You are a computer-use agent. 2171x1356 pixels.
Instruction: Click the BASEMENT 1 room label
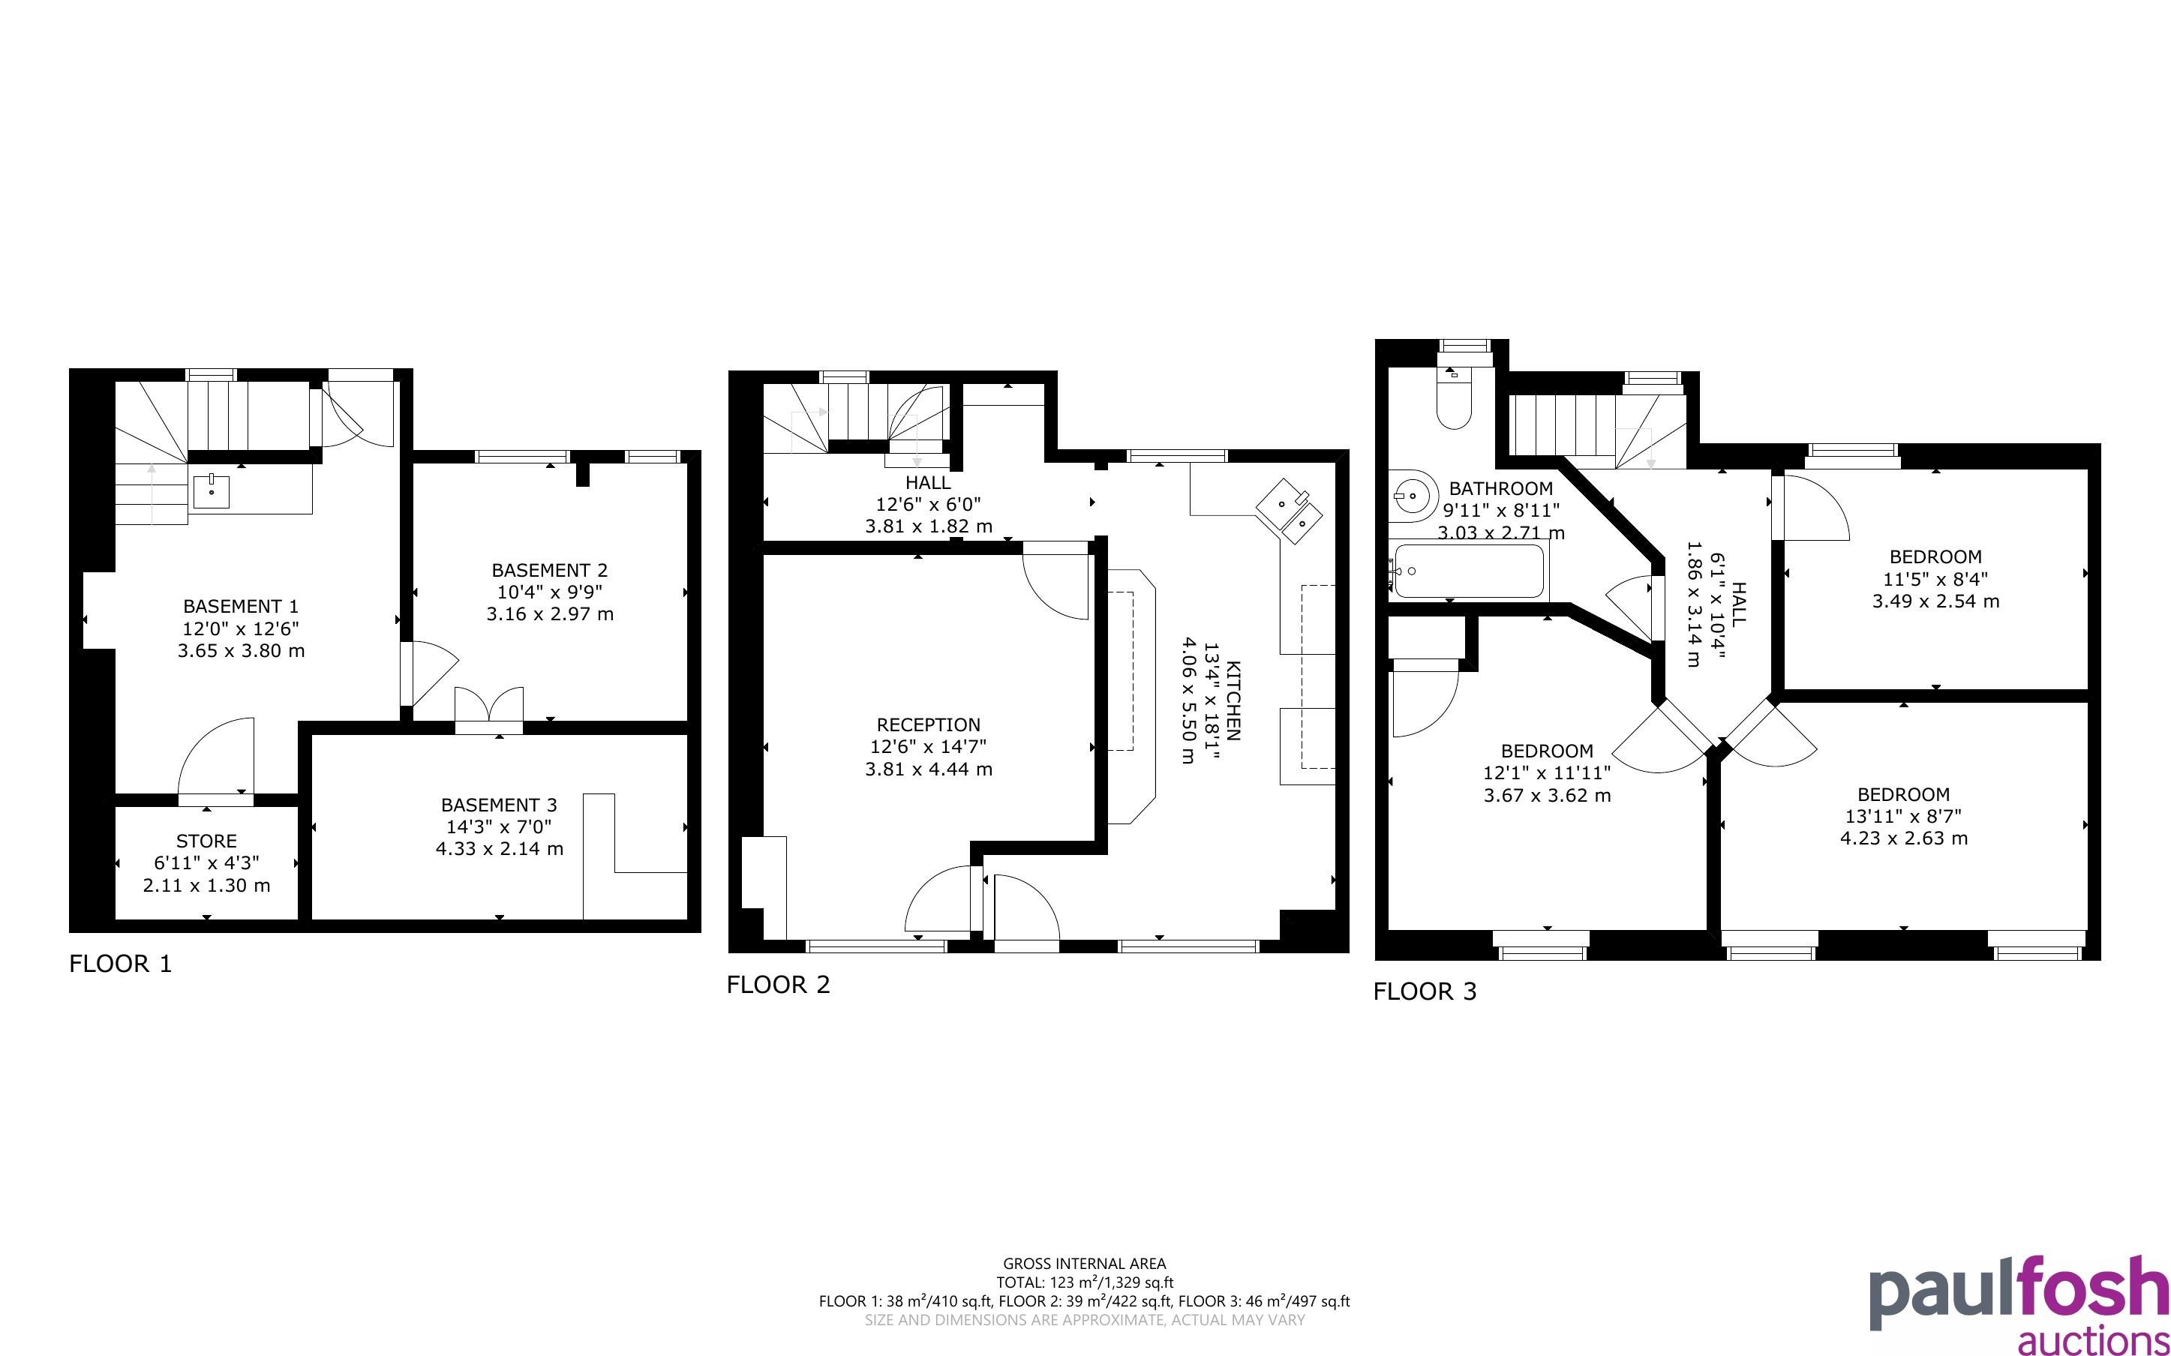[x=240, y=606]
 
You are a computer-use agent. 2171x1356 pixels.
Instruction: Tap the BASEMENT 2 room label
[x=550, y=571]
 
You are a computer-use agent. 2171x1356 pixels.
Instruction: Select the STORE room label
[x=206, y=841]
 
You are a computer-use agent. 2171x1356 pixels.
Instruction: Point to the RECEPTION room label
[x=928, y=724]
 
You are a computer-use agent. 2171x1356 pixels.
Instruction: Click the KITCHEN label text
[x=1234, y=700]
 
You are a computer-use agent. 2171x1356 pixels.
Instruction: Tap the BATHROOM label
[x=1500, y=489]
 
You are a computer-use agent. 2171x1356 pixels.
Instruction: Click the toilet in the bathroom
[x=1454, y=397]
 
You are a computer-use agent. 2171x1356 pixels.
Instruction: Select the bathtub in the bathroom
[x=1467, y=571]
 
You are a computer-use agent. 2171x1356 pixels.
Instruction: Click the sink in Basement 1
[x=212, y=491]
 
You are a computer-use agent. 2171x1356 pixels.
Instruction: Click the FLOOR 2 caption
[x=779, y=985]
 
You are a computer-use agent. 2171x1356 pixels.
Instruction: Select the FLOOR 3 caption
[x=1425, y=992]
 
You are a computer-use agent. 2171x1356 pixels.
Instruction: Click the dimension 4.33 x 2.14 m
[x=500, y=848]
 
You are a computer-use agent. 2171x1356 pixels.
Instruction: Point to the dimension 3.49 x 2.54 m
[x=1935, y=601]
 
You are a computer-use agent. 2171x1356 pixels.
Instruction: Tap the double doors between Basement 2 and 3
[x=488, y=709]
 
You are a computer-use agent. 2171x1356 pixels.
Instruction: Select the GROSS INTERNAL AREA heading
[x=1084, y=1264]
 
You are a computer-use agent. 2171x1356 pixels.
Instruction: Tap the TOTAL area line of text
[x=1084, y=1282]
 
